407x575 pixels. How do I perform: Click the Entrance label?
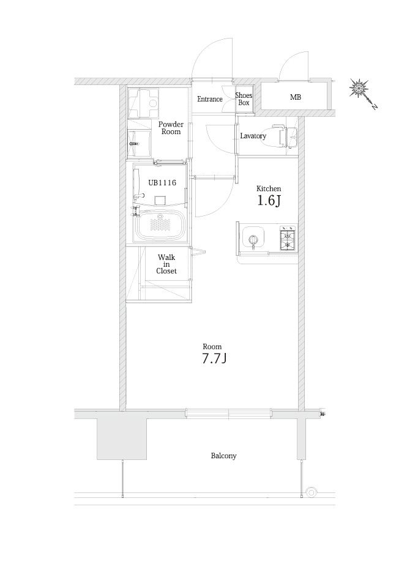coord(209,99)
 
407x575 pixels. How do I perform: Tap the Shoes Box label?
coord(244,99)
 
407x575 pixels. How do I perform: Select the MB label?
coord(296,97)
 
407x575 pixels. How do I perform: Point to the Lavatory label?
coord(253,136)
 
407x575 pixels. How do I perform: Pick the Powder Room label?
coord(171,128)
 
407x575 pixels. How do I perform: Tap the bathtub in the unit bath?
coord(160,224)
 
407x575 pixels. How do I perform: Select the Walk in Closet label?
coord(166,264)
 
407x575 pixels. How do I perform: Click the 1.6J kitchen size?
coord(269,201)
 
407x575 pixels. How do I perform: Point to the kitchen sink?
coord(253,239)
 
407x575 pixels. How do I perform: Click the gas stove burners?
coord(288,239)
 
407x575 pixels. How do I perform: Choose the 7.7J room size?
coord(214,358)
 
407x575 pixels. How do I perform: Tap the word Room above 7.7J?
coord(212,347)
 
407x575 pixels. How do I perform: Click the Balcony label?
coord(223,456)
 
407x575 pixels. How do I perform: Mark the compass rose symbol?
coord(358,88)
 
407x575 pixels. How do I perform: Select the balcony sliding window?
coord(228,414)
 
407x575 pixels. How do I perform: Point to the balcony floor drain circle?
coord(311,492)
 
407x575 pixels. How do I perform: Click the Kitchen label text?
coord(269,189)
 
